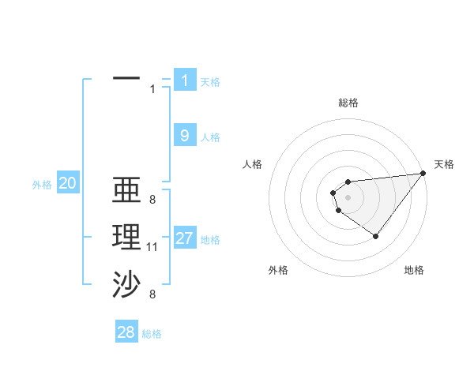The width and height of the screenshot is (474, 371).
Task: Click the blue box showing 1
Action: [185, 80]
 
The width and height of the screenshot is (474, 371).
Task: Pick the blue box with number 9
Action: [185, 136]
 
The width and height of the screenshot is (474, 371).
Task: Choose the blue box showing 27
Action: [185, 238]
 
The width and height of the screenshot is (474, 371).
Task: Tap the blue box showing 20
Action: [68, 183]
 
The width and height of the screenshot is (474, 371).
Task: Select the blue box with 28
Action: [126, 332]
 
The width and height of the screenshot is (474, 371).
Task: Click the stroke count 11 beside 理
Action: [152, 247]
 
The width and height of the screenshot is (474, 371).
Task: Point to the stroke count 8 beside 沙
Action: [152, 294]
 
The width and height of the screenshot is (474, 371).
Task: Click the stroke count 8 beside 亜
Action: [152, 200]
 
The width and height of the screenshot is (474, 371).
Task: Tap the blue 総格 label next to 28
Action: [152, 334]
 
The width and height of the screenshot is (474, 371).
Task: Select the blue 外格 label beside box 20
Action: [42, 185]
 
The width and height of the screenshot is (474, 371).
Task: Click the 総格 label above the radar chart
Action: [348, 103]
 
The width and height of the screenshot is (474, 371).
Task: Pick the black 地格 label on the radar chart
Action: [414, 270]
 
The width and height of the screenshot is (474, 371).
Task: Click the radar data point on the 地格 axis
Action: [375, 236]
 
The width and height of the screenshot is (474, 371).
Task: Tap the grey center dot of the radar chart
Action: [348, 195]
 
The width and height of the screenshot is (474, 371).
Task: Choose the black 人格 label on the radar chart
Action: [253, 164]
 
